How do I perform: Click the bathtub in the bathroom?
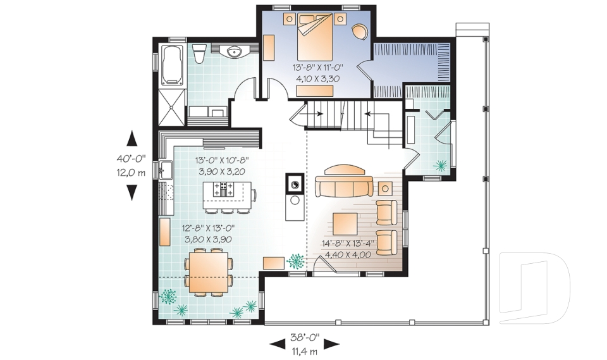click(x=171, y=65)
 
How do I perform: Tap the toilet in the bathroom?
click(x=199, y=54)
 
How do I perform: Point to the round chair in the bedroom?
click(x=360, y=32)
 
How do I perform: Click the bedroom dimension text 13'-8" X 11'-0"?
click(x=318, y=68)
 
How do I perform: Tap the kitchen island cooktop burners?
click(x=223, y=190)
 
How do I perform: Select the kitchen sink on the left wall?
click(x=166, y=170)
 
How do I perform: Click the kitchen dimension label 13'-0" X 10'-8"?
click(x=221, y=159)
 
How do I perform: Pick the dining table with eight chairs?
click(x=208, y=273)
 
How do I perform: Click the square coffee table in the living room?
click(x=345, y=224)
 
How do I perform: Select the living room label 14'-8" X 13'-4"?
click(x=348, y=244)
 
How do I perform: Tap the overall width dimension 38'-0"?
click(x=305, y=337)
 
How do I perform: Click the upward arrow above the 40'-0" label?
click(x=132, y=139)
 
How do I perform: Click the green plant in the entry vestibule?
click(x=440, y=166)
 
